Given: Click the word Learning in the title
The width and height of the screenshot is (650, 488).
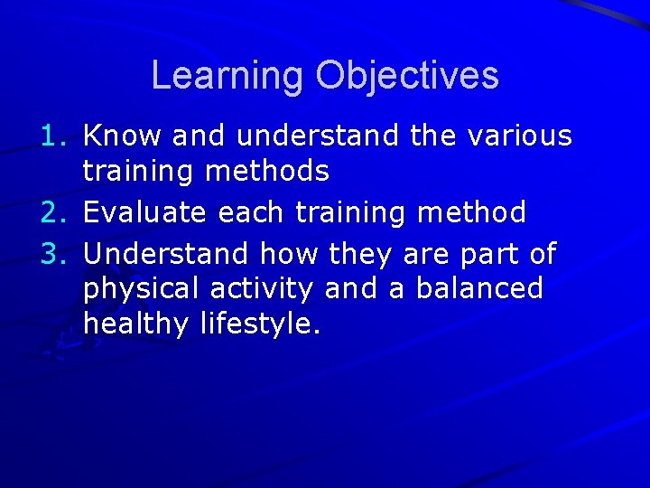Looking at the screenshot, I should tap(227, 75).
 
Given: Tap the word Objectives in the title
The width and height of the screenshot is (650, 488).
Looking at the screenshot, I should tap(406, 75).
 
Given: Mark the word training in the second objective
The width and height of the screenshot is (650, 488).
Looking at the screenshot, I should tap(346, 214).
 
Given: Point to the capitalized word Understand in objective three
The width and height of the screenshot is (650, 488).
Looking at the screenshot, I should tap(168, 254).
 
